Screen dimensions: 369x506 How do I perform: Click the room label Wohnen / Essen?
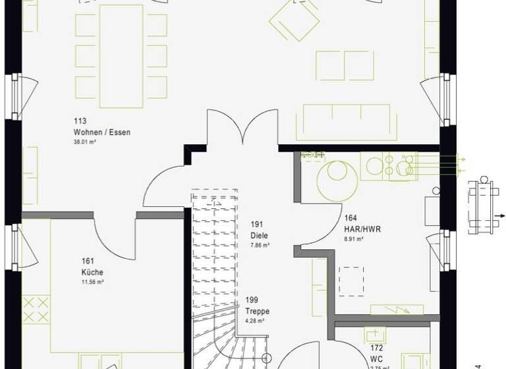(102, 132)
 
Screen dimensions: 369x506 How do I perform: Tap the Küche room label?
(93, 272)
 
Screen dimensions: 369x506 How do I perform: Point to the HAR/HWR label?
(362, 229)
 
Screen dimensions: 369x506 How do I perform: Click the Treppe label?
(258, 312)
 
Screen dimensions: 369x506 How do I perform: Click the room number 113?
(80, 121)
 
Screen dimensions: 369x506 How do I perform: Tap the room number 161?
(88, 261)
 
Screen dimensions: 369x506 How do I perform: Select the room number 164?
(351, 218)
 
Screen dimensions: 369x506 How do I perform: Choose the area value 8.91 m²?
(354, 239)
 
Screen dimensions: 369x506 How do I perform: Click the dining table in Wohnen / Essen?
(121, 55)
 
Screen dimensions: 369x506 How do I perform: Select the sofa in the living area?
(347, 121)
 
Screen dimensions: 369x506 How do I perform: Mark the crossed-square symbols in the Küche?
(36, 310)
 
